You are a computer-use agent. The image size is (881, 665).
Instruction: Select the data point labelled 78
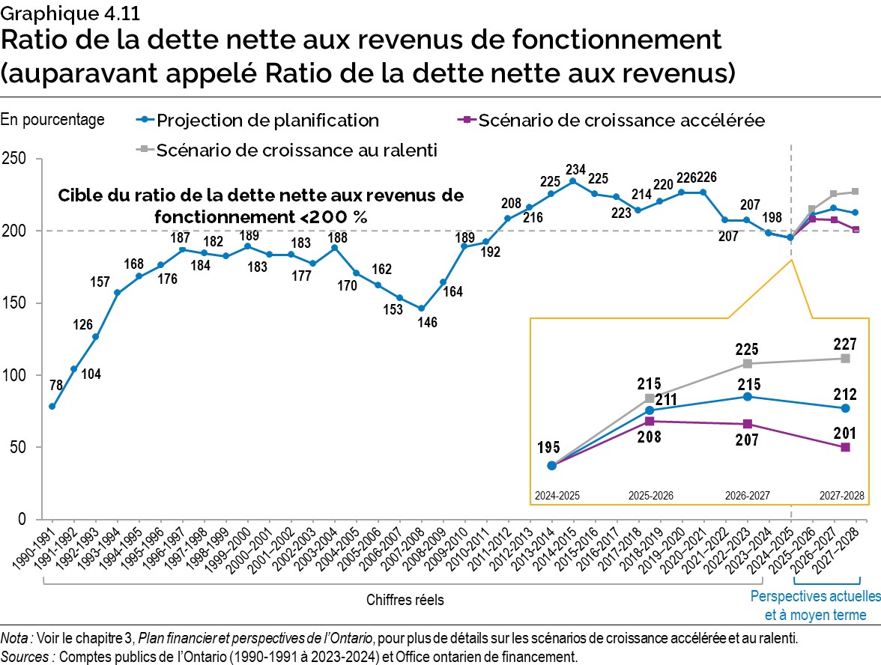[52, 407]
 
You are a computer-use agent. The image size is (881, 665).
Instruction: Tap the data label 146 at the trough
[428, 323]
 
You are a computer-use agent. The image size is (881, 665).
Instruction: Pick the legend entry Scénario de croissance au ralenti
[297, 150]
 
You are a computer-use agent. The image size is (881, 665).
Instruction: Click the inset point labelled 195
[552, 465]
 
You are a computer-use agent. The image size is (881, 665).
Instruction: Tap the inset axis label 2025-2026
[650, 496]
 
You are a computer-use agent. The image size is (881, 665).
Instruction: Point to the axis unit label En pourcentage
[52, 120]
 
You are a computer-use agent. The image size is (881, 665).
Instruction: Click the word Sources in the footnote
[28, 656]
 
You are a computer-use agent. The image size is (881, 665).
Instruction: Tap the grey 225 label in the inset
[746, 348]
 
